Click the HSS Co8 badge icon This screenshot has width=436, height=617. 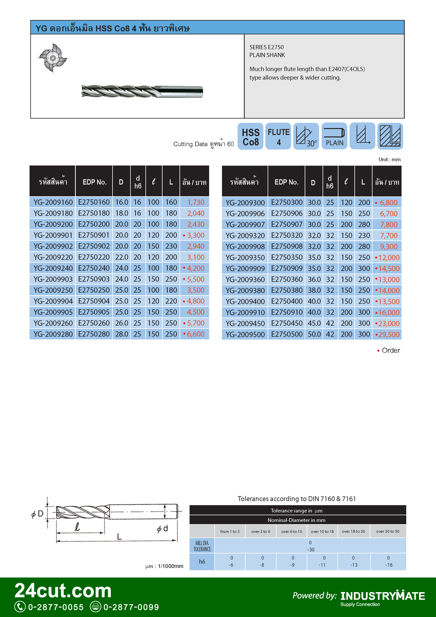(x=250, y=137)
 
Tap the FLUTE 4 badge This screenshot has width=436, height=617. (x=279, y=137)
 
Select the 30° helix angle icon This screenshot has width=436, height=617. (x=306, y=137)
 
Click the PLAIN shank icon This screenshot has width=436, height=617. (x=334, y=137)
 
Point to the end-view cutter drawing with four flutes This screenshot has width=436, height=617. (x=53, y=58)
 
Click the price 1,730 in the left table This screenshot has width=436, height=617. (x=196, y=202)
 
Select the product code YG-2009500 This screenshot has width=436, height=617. (x=245, y=334)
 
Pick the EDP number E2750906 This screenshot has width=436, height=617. (x=287, y=214)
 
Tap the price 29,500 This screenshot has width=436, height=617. (x=388, y=334)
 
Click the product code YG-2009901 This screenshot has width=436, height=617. (x=53, y=235)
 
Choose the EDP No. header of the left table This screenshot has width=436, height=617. (x=94, y=182)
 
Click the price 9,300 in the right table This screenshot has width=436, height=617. (x=389, y=247)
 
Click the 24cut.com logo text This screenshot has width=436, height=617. (x=63, y=591)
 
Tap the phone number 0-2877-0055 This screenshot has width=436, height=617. (x=56, y=607)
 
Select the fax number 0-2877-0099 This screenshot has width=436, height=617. (x=131, y=607)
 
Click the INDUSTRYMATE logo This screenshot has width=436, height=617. (x=382, y=596)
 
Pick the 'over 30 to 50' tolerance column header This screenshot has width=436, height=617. (x=388, y=532)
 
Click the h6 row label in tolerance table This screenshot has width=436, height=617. (x=202, y=562)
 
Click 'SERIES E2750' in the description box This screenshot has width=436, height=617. (x=266, y=47)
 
